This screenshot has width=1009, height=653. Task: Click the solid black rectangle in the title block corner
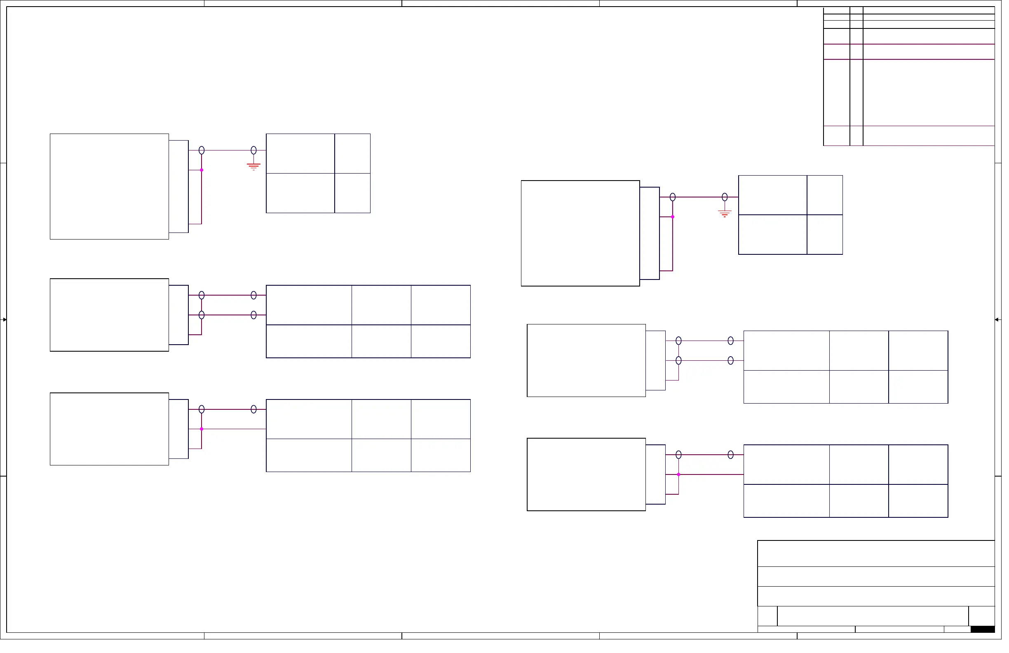click(989, 634)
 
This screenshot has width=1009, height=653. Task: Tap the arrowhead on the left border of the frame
click(4, 322)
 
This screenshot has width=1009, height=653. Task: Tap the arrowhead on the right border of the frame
click(1004, 322)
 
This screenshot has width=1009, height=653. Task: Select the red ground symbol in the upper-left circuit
click(255, 167)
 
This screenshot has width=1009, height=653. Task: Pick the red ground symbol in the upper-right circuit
click(730, 214)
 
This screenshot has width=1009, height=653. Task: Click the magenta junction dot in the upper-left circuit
click(203, 171)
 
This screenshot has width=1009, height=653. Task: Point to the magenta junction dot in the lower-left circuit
click(203, 432)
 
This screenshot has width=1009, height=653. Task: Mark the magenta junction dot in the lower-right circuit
click(683, 478)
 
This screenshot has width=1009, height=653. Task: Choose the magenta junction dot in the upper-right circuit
click(678, 218)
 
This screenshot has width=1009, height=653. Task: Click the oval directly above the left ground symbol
click(255, 151)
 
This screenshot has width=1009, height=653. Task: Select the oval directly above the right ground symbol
click(730, 198)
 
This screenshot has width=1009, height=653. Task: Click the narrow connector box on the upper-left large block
click(180, 188)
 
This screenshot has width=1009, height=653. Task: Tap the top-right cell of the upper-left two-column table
click(355, 154)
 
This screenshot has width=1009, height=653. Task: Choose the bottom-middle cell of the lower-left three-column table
click(384, 458)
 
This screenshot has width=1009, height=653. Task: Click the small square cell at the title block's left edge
click(773, 620)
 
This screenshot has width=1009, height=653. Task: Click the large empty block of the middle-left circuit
click(110, 317)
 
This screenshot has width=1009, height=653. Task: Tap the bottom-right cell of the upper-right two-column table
click(831, 236)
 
